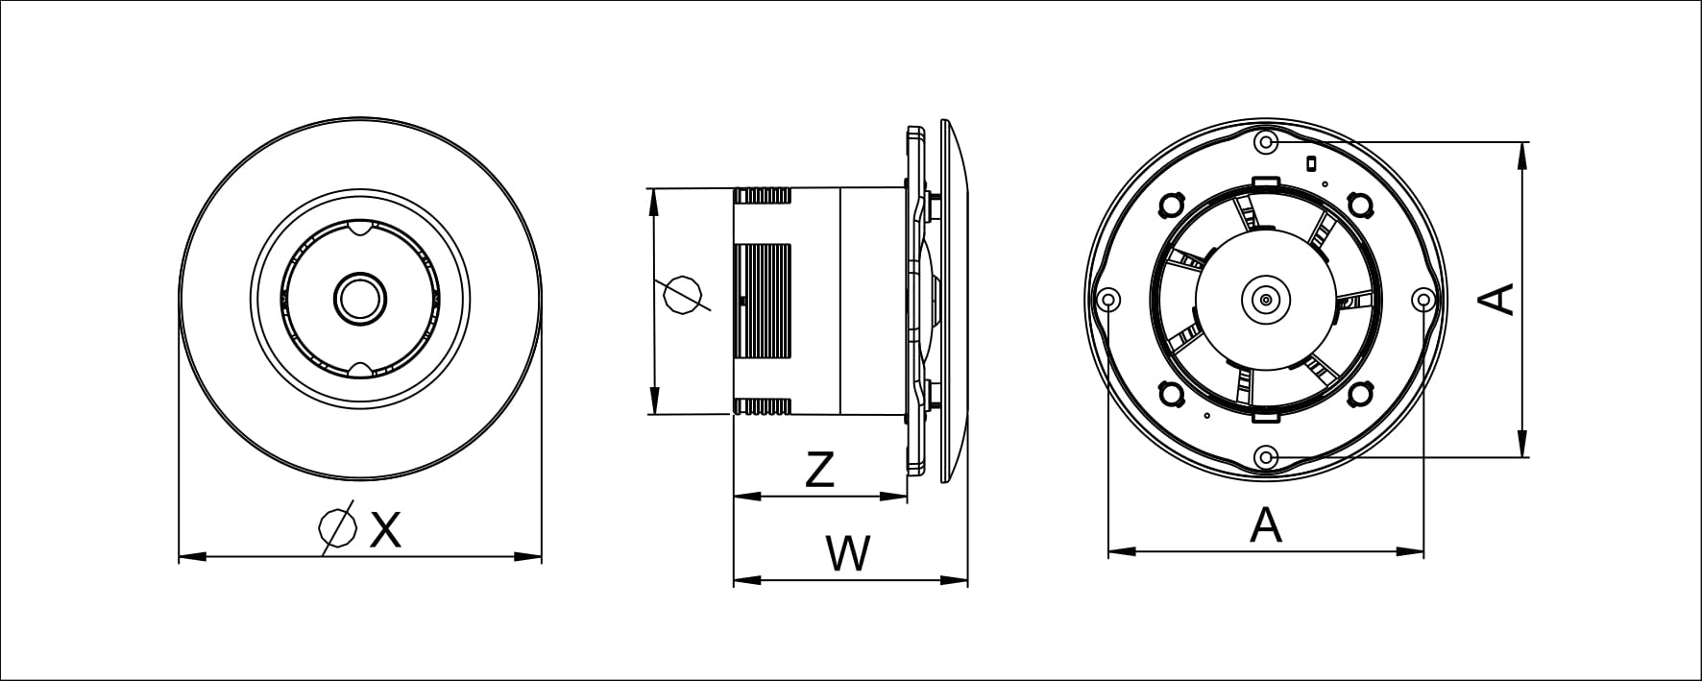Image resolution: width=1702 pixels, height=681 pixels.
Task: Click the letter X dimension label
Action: tap(385, 529)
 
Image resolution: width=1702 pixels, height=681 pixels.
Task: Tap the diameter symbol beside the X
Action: tap(336, 528)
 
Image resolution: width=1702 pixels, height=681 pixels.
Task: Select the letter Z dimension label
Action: tap(819, 470)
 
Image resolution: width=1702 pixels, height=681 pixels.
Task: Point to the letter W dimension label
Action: tap(848, 554)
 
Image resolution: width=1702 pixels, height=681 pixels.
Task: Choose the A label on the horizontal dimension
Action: tap(1266, 525)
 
